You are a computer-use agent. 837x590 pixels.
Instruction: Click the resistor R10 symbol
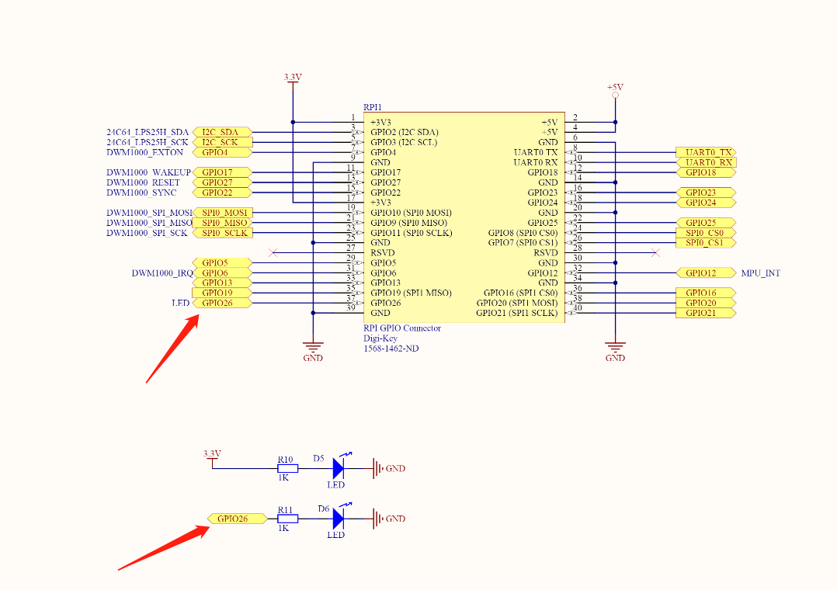coord(287,468)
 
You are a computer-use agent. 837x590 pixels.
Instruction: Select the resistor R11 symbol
coord(287,518)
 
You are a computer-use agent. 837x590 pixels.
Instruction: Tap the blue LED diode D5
coord(338,467)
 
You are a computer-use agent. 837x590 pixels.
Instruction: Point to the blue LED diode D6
coord(338,518)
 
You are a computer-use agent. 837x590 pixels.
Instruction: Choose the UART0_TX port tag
coord(706,152)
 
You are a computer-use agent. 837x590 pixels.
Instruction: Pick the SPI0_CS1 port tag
coord(704,243)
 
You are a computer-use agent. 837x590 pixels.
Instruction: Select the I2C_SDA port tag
coord(221,132)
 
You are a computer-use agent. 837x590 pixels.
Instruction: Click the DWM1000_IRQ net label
coord(161,273)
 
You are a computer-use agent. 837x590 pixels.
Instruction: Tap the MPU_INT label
coord(761,273)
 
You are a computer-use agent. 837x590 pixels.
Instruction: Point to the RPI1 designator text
coord(373,107)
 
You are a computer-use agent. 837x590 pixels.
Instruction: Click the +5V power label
coord(615,87)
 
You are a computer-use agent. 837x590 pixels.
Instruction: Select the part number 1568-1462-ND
coord(391,349)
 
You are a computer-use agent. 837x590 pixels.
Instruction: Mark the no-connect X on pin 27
coord(273,252)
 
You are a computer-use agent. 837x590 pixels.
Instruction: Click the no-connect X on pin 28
coord(655,252)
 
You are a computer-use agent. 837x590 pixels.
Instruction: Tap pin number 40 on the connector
coord(577,308)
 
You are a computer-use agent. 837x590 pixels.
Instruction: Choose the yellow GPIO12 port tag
coord(706,273)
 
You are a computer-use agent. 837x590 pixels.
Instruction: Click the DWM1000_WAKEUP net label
coord(148,172)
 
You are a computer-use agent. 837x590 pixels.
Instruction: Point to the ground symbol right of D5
coord(378,468)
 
